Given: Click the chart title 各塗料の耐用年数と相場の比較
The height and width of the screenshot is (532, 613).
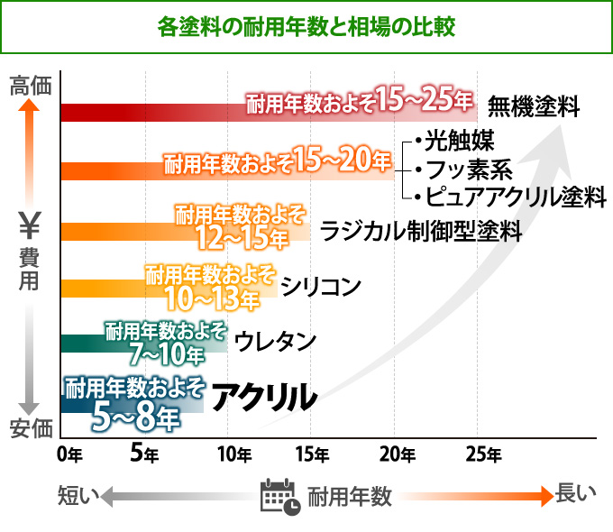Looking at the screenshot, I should point(306,26).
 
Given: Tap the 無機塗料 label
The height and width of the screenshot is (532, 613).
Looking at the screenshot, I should point(533,107).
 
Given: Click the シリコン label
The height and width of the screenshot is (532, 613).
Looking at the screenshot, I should point(321,287).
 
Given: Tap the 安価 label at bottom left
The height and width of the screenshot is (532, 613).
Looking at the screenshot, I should point(31,428).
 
